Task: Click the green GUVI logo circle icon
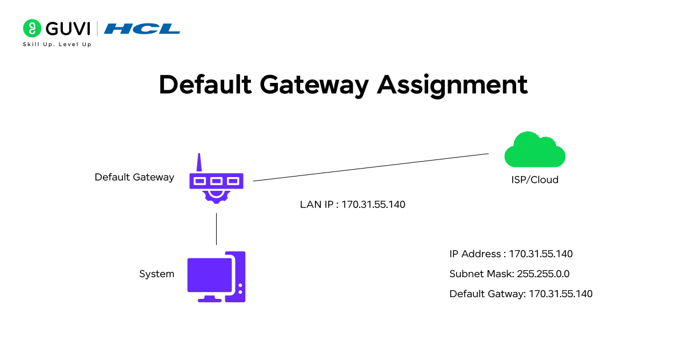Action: pos(31,28)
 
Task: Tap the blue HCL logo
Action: pos(142,29)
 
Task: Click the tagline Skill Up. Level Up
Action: pos(57,44)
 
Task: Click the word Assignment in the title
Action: pos(452,85)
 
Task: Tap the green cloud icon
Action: pos(535,150)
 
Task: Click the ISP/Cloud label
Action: pos(535,179)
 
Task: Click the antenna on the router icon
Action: pos(199,162)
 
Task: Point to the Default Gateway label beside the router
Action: pos(134,177)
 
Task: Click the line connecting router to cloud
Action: pos(372,167)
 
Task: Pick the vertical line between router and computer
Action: pos(216,229)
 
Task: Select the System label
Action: pos(157,274)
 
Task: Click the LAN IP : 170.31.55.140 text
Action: pos(353,205)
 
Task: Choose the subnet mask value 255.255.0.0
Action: pos(543,274)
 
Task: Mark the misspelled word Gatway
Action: pos(505,294)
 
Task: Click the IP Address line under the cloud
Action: pos(511,254)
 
